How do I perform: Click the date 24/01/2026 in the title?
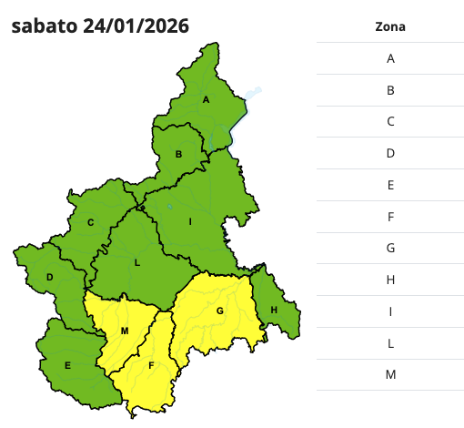click(136, 25)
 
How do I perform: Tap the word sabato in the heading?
click(44, 25)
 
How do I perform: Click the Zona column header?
click(389, 26)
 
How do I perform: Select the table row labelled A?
click(389, 58)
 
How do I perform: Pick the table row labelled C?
click(389, 121)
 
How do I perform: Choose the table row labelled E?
click(389, 185)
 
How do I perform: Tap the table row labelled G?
click(389, 248)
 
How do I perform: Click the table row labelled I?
click(389, 311)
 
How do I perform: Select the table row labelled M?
click(389, 374)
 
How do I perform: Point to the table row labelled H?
click(389, 280)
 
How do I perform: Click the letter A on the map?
click(207, 99)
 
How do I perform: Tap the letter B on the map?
click(179, 155)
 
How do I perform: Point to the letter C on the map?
click(90, 222)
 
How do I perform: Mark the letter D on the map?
click(50, 277)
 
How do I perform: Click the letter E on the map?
click(67, 365)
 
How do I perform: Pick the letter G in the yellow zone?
click(219, 311)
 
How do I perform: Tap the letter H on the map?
click(273, 311)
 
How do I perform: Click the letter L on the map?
click(136, 262)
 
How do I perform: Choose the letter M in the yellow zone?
click(125, 330)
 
